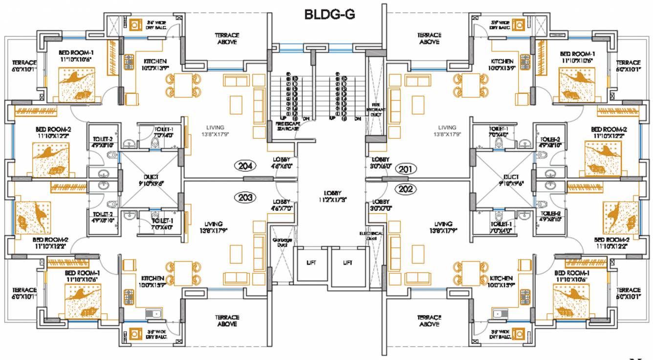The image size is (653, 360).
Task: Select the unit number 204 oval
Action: (245, 166)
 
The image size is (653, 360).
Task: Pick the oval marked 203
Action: (245, 198)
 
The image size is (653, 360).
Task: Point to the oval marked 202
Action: (405, 189)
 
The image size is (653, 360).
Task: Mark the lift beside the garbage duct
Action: (311, 263)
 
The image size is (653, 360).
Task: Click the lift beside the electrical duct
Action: (348, 263)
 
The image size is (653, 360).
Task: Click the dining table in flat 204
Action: (183, 85)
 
